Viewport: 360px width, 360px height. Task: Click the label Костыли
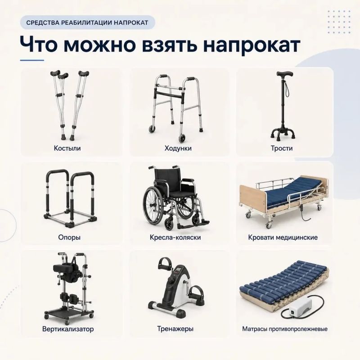pyautogui.click(x=67, y=148)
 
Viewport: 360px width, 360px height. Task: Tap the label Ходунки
pyautogui.click(x=178, y=148)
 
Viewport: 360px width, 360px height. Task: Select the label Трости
pyautogui.click(x=282, y=148)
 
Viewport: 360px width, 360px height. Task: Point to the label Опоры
pyautogui.click(x=69, y=237)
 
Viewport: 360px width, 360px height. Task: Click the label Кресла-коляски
pyautogui.click(x=175, y=237)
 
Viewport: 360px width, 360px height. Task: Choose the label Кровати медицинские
pyautogui.click(x=283, y=237)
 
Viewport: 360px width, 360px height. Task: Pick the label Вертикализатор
pyautogui.click(x=68, y=329)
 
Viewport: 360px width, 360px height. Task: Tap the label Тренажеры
pyautogui.click(x=175, y=329)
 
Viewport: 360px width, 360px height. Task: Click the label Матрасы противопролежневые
pyautogui.click(x=285, y=329)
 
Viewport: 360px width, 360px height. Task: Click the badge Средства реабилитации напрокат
pyautogui.click(x=87, y=22)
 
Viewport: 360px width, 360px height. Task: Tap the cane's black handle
pyautogui.click(x=285, y=74)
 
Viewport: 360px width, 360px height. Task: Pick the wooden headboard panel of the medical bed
pyautogui.click(x=252, y=198)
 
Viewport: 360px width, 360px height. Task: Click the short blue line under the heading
pyautogui.click(x=32, y=60)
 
